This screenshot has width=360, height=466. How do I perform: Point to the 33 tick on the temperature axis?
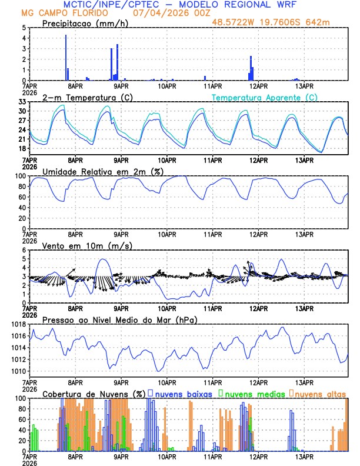pyautogui.click(x=23, y=102)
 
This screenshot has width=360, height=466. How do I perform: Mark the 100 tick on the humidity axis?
pyautogui.click(x=21, y=176)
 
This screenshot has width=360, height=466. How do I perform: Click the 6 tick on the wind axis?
pyautogui.click(x=24, y=250)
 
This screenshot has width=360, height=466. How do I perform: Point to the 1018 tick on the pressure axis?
pyautogui.click(x=19, y=324)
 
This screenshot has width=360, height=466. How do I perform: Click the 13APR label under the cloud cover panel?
pyautogui.click(x=304, y=456)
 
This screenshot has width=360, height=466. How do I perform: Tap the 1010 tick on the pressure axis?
pyautogui.click(x=19, y=371)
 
